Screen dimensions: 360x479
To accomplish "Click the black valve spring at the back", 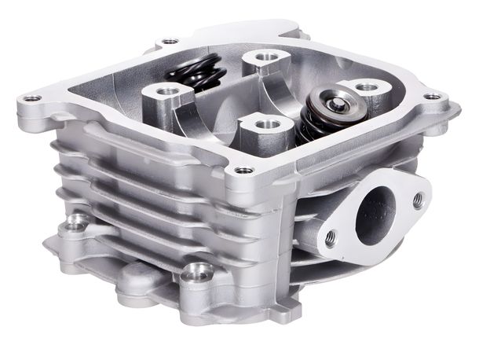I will [x=196, y=75].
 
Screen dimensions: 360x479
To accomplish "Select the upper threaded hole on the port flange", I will [x=417, y=200].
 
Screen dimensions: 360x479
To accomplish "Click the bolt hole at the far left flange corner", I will [x=32, y=99].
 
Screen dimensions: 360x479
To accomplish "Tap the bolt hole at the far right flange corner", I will [x=431, y=97].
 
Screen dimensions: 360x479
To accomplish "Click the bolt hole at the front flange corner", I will [x=244, y=170].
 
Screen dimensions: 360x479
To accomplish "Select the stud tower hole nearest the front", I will [x=265, y=124].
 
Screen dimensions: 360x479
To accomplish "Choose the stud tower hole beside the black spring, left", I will [x=166, y=92].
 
